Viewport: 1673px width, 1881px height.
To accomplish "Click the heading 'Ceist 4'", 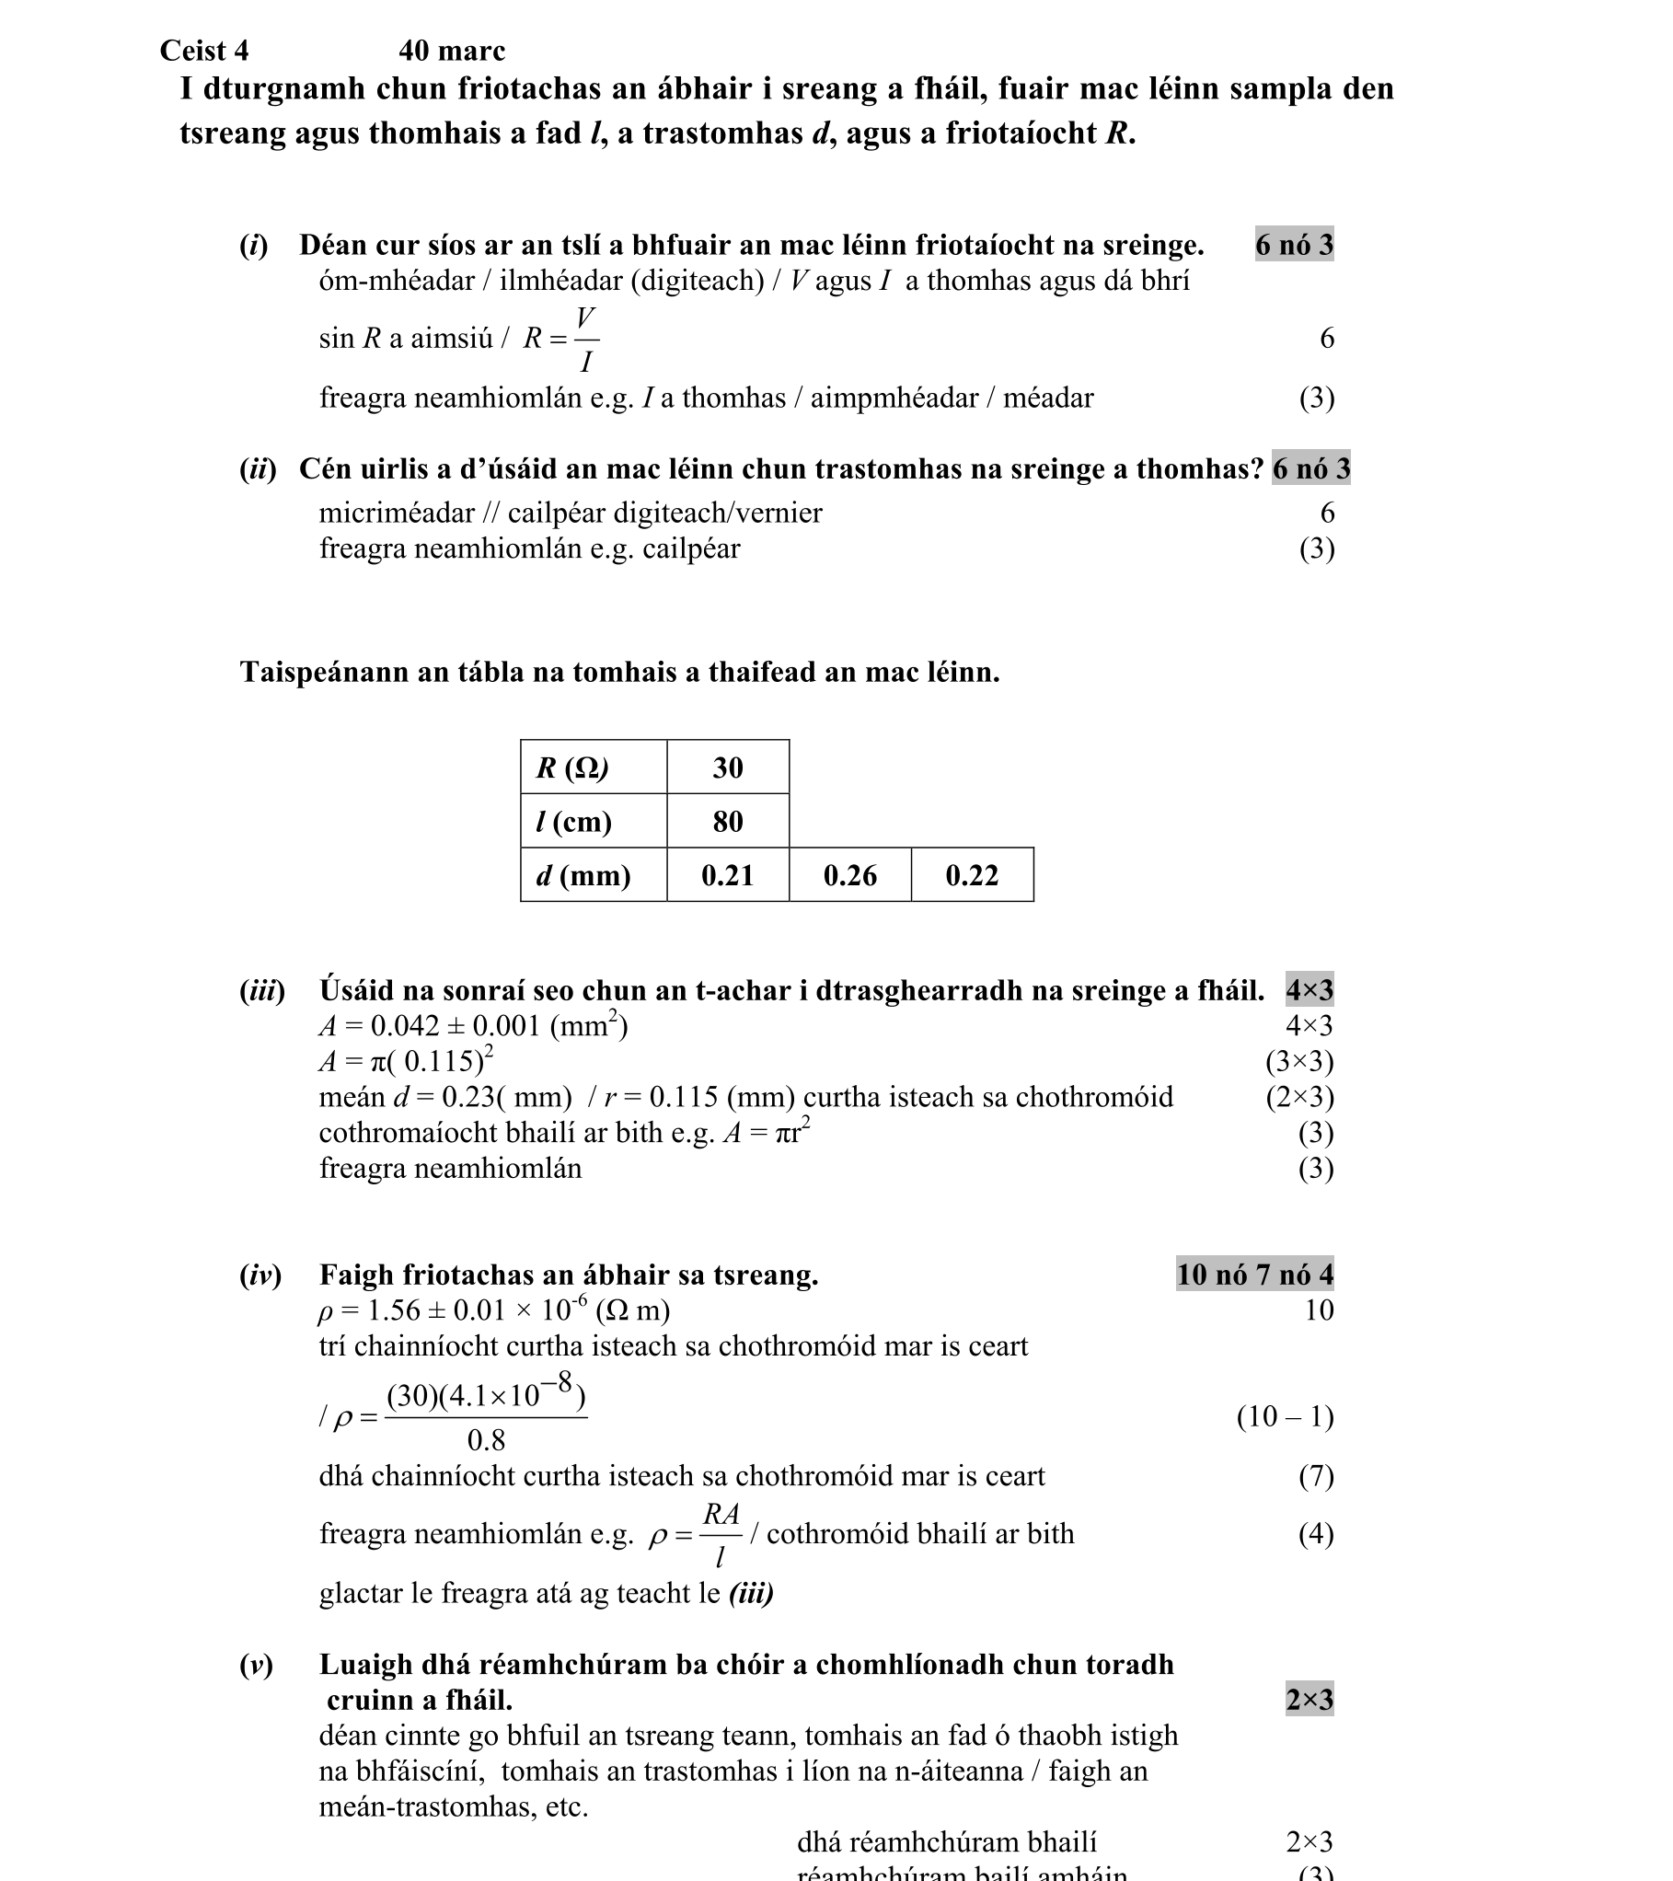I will click(x=204, y=51).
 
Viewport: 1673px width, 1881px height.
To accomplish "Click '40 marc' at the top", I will click(x=452, y=51).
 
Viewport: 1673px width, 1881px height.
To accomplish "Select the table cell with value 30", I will click(x=727, y=767).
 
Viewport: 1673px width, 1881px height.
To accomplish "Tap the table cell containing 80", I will click(x=727, y=821).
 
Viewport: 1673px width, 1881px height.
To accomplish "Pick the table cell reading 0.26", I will click(x=849, y=875).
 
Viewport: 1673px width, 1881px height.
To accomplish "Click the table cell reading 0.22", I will click(x=972, y=875).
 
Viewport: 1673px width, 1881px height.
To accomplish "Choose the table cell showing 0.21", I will click(x=727, y=875).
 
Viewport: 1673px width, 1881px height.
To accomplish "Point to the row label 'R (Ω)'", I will click(x=572, y=767).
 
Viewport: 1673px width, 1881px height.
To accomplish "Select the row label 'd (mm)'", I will click(x=583, y=875).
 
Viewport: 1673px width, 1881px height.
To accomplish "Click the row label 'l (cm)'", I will click(x=573, y=821).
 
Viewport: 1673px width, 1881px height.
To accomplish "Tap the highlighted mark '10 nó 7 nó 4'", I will click(x=1254, y=1275).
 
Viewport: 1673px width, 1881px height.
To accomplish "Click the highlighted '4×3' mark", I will click(x=1309, y=991).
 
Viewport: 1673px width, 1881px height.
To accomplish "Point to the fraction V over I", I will click(x=585, y=340).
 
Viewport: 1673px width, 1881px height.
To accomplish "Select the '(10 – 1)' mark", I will click(x=1285, y=1416).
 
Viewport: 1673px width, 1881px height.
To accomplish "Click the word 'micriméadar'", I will click(x=397, y=513).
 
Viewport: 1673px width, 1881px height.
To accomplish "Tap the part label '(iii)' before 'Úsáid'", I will click(x=262, y=991).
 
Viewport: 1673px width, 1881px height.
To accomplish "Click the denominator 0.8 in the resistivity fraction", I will click(x=486, y=1439).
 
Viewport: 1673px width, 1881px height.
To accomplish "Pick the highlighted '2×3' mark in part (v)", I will click(x=1309, y=1700).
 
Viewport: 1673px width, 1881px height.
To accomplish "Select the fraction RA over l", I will click(x=721, y=1534).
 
